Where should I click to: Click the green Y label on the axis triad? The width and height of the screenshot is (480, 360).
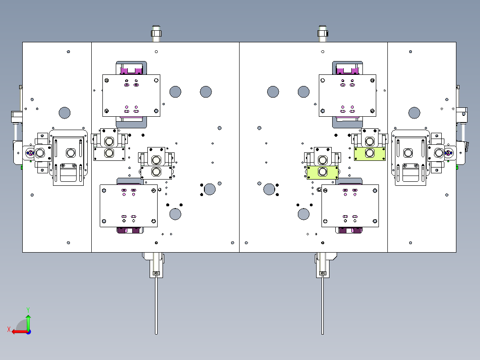28,310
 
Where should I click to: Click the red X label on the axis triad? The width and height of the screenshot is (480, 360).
9,329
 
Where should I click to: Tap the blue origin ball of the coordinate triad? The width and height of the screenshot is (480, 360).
28,332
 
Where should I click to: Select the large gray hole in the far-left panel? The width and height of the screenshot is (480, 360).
65,113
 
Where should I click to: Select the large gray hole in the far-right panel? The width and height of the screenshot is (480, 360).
414,113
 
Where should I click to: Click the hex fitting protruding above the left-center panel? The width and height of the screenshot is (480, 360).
156,33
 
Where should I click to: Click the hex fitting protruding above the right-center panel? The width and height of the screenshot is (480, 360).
322,33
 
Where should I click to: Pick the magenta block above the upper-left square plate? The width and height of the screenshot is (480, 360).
131,70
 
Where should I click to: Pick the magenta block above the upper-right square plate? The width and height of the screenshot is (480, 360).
347,70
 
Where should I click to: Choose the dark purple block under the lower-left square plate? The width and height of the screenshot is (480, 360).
130,230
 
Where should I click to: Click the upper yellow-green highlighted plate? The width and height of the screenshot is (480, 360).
370,154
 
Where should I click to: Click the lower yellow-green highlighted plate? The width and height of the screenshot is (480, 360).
323,173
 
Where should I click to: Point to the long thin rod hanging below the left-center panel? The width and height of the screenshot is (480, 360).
156,305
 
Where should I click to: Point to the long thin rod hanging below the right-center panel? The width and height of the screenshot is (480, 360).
322,305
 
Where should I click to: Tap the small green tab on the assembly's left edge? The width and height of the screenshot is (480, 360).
22,168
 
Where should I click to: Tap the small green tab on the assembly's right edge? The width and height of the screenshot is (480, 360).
457,168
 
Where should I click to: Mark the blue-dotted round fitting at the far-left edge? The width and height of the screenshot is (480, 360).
30,152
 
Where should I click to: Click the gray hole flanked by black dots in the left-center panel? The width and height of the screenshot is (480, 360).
209,189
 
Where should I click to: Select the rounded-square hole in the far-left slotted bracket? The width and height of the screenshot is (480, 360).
71,152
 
